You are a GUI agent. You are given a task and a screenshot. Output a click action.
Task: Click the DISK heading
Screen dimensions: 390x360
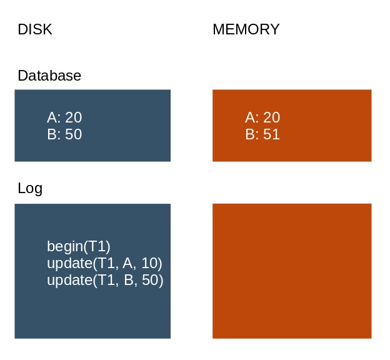35,29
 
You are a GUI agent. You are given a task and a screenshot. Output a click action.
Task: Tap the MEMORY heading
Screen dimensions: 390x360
246,29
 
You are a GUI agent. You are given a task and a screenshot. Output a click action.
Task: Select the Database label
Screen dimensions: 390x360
49,76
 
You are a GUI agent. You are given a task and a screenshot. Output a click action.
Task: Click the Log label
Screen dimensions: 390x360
30,188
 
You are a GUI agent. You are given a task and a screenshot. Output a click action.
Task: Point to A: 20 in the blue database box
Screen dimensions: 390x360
64,117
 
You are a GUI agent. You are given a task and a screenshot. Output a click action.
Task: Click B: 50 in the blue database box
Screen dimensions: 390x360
64,134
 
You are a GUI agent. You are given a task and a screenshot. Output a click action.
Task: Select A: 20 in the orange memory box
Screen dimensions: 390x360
262,117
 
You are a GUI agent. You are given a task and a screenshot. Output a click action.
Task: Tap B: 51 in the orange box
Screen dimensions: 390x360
262,134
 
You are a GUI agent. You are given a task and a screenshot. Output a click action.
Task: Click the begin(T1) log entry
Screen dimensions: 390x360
79,246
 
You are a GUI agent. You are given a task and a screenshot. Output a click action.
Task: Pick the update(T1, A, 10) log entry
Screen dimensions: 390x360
104,263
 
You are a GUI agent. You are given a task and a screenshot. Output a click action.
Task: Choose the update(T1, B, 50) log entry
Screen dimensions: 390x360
105,280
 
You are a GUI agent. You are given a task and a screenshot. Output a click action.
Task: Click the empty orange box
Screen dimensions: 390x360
292,271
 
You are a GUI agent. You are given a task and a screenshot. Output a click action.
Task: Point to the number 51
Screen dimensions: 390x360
271,134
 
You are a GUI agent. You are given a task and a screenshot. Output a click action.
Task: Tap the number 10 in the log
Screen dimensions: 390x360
150,263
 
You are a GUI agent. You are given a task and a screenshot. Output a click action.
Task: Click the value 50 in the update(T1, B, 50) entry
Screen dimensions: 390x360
150,280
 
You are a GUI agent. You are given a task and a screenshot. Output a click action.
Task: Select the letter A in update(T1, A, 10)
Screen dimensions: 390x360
127,263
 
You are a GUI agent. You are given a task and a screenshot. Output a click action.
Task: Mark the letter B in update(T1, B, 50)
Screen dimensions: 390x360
129,280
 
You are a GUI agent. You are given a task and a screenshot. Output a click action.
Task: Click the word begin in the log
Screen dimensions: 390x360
65,246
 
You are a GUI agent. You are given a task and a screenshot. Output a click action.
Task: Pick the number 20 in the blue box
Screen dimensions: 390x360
73,117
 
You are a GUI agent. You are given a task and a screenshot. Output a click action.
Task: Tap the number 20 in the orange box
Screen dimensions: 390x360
272,117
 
